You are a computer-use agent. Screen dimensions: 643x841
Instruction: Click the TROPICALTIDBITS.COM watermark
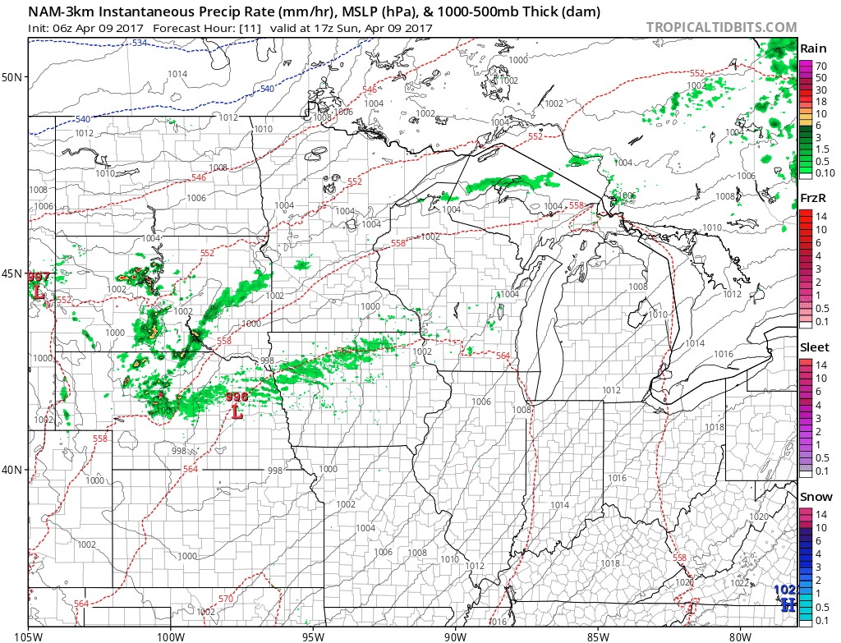click(721, 26)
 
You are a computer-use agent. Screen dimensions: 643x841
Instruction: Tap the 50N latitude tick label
click(13, 77)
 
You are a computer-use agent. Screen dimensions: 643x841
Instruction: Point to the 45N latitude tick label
click(13, 273)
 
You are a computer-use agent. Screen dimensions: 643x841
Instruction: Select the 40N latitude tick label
click(13, 470)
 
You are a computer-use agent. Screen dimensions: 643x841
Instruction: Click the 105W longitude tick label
click(29, 634)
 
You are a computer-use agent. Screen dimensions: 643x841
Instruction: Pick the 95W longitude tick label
click(313, 634)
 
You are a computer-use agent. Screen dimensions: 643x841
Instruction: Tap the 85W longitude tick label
click(598, 634)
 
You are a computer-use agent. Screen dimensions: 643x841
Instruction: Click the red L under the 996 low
click(237, 412)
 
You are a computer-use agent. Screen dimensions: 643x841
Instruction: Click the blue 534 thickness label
click(140, 43)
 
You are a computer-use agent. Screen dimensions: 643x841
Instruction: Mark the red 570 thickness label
click(226, 599)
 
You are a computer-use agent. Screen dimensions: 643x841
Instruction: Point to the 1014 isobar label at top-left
click(177, 74)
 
